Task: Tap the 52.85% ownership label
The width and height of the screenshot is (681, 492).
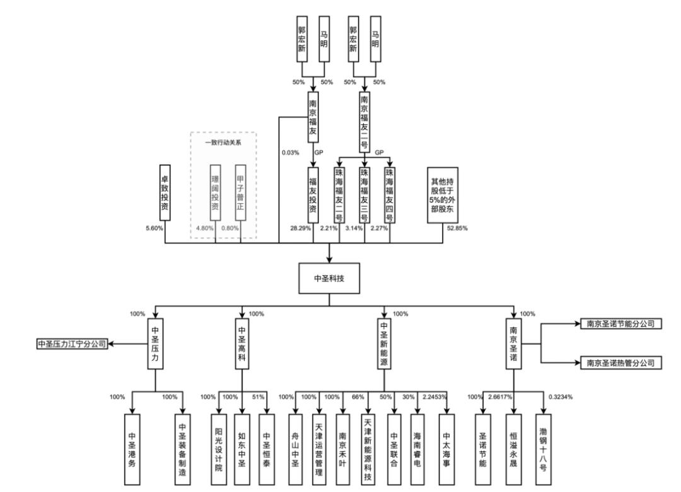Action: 457,228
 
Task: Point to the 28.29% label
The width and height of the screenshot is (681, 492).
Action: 300,228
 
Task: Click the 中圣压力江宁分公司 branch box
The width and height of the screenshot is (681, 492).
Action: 71,344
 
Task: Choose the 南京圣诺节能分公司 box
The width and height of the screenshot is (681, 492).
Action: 621,324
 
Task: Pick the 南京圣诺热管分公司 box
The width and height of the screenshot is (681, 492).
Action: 621,363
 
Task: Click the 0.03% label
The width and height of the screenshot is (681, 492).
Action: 291,152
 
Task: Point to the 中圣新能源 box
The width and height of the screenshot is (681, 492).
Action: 384,344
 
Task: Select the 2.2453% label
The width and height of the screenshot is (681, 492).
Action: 435,397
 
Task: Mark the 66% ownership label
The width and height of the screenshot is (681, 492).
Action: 358,397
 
